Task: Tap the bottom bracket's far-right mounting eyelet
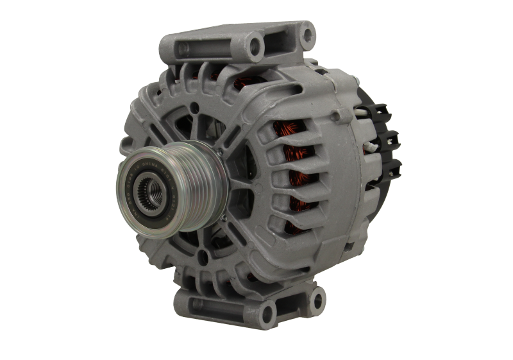[x=316, y=296]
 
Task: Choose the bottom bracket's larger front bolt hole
[x=265, y=315]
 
